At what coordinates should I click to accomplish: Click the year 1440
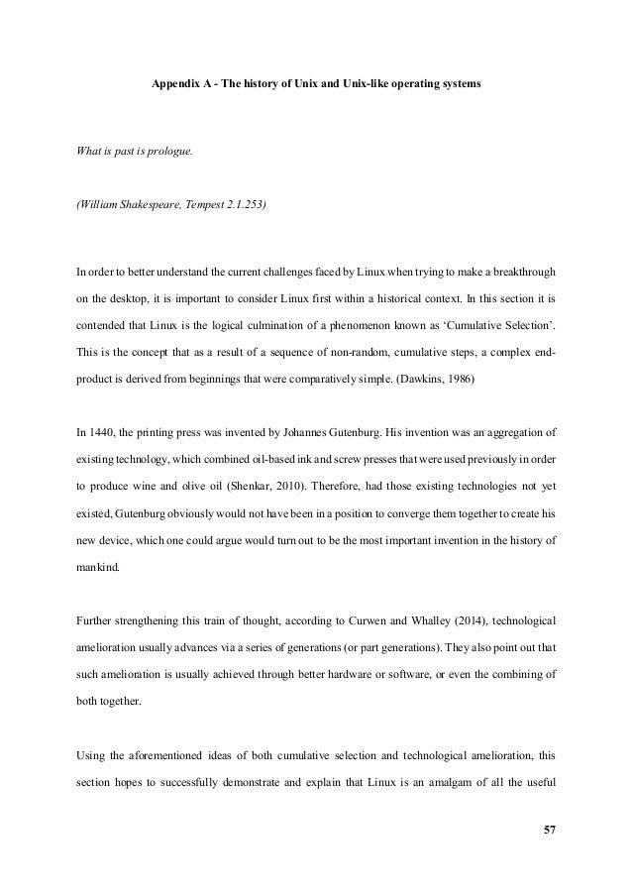(x=89, y=431)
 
